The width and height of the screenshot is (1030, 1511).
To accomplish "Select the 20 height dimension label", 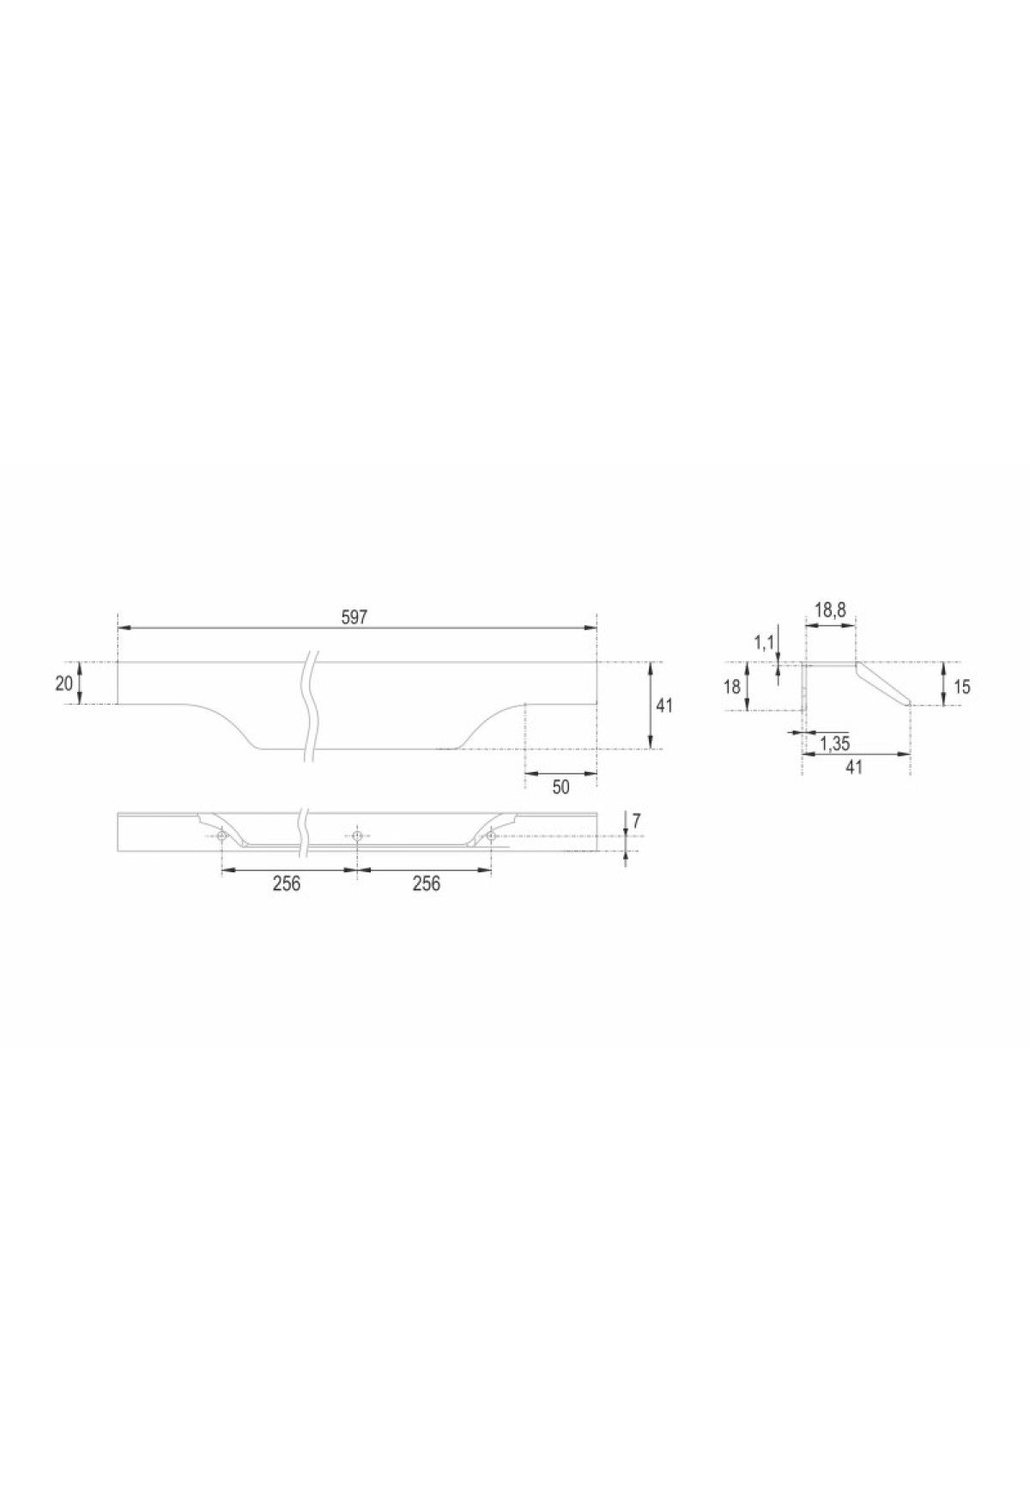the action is [x=64, y=684].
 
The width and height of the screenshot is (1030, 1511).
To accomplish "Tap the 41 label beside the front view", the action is [x=664, y=706].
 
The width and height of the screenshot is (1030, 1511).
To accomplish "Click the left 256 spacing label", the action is [x=287, y=883].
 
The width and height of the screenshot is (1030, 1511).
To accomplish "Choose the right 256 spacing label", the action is [x=427, y=883].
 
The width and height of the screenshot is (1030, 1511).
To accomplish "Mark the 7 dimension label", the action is [x=636, y=822].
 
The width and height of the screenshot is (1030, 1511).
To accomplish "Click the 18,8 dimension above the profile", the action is [x=830, y=610].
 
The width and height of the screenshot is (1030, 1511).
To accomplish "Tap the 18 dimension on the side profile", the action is [x=732, y=687].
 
